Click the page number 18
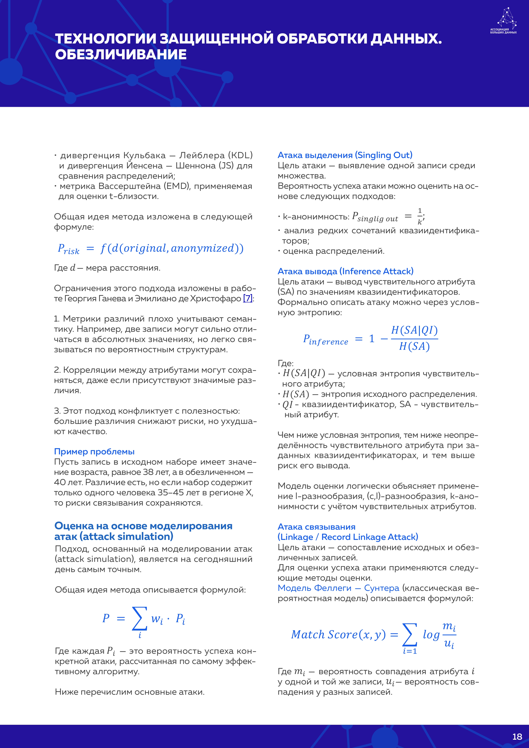[x=517, y=737]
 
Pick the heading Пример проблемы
[x=94, y=452]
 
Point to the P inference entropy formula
[x=370, y=338]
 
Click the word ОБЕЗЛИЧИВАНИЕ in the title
[x=121, y=54]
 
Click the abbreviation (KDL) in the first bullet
[x=240, y=155]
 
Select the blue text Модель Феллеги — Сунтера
[x=338, y=588]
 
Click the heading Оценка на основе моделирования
[x=143, y=526]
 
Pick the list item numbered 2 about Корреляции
[x=155, y=380]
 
